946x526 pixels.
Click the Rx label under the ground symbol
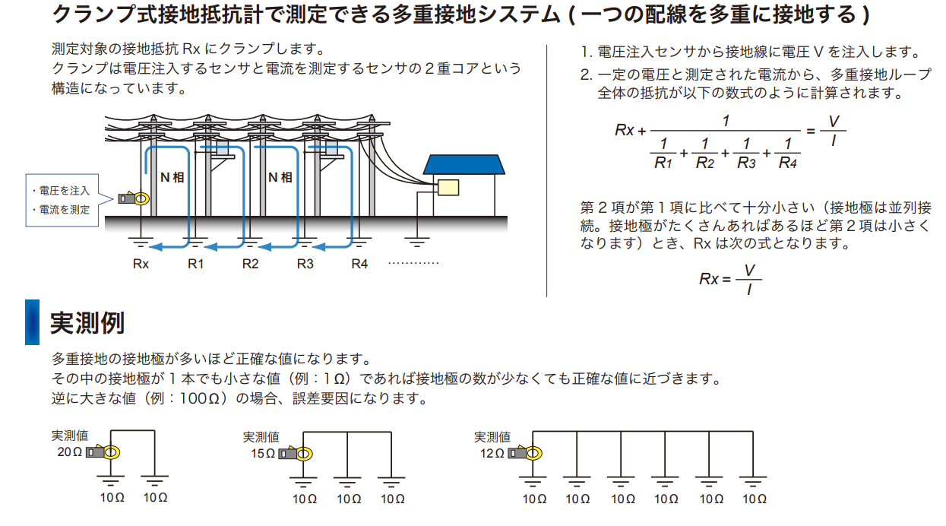click(x=141, y=265)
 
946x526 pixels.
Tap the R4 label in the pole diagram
click(x=359, y=265)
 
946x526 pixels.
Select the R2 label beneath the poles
click(x=251, y=265)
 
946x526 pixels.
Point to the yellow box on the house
click(x=448, y=188)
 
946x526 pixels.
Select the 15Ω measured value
click(x=261, y=454)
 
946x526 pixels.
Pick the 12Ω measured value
click(x=492, y=454)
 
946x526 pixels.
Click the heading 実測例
click(x=87, y=323)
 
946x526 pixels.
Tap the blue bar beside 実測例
click(x=32, y=322)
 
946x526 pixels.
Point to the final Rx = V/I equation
click(x=729, y=279)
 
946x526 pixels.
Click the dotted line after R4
click(x=413, y=264)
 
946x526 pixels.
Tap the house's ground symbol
click(x=416, y=242)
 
